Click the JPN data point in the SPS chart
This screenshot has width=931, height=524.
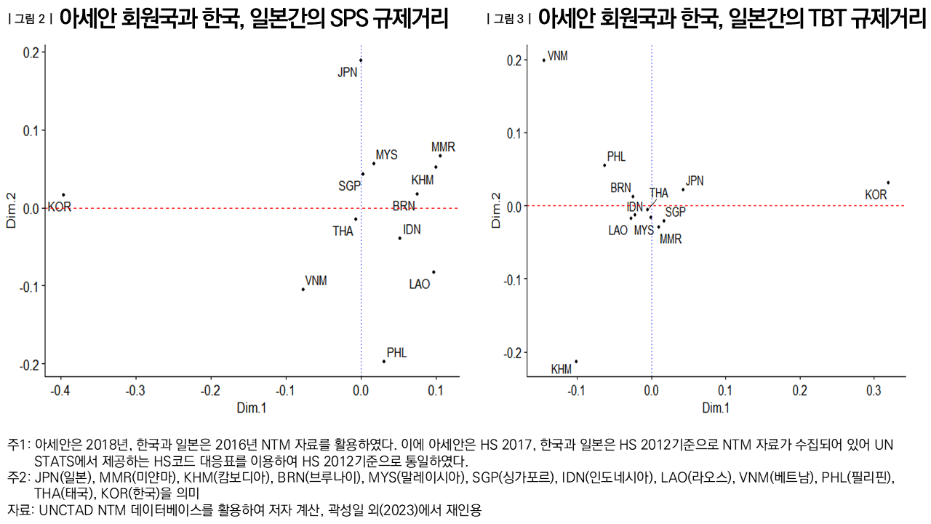[361, 60]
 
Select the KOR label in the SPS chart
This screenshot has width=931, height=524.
[60, 207]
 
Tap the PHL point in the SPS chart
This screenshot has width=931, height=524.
[384, 361]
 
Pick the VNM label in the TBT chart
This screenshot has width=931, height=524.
[558, 56]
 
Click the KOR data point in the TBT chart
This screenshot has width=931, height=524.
[888, 183]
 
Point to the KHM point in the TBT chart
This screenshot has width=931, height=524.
[576, 361]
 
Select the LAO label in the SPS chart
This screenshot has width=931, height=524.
[420, 284]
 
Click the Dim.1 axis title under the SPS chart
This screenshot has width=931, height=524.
[252, 408]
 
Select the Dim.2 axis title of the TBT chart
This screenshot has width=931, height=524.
[497, 211]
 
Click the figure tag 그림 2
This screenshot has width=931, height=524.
[30, 20]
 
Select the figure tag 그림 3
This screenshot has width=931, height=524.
[509, 20]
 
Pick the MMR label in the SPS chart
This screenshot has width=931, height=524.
[443, 147]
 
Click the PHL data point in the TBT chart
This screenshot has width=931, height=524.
[604, 165]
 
